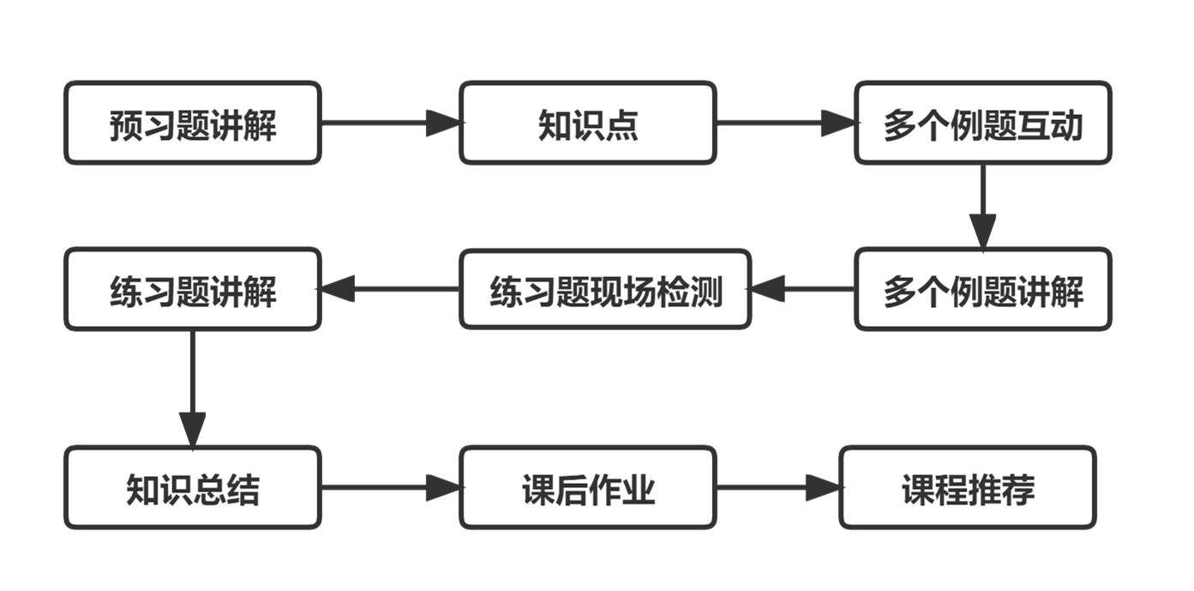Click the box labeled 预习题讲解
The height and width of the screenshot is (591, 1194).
(193, 123)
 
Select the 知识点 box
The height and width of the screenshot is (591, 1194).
(587, 123)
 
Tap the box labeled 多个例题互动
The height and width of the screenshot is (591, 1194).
(982, 123)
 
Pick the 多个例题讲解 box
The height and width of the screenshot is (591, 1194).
(982, 290)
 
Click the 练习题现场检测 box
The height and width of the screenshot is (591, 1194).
(605, 290)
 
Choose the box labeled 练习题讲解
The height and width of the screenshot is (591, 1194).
(193, 290)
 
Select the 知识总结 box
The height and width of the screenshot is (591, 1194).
(193, 488)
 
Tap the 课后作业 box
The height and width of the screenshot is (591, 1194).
(587, 488)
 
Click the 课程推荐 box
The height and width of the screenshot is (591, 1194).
(968, 488)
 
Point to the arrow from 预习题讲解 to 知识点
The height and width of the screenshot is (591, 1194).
(390, 123)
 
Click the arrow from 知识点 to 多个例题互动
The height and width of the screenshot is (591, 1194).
(785, 123)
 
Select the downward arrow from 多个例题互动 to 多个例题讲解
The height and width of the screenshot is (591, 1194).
(982, 206)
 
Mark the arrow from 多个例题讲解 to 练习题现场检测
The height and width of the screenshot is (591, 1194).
(802, 290)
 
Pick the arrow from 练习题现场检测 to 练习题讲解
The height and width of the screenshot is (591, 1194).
(390, 290)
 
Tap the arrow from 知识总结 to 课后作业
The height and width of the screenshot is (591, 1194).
(390, 488)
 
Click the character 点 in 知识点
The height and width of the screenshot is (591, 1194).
(624, 125)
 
